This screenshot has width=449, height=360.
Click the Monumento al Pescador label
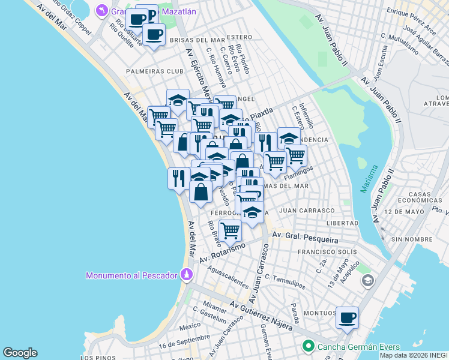click(x=131, y=275)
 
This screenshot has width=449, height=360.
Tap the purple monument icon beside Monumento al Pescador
click(x=187, y=275)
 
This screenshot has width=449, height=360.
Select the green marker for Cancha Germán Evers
click(x=309, y=346)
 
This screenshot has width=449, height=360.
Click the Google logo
click(x=20, y=353)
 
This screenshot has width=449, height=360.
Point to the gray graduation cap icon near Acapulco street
click(x=367, y=280)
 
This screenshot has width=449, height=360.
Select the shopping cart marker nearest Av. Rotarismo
click(x=230, y=230)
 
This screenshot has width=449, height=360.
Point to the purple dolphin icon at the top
click(x=104, y=11)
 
